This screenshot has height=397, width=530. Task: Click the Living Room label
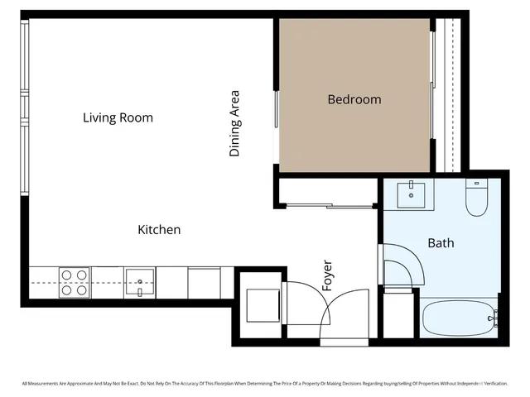(x=118, y=117)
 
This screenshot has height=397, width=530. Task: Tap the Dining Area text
(x=235, y=123)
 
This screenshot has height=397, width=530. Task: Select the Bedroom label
(x=354, y=99)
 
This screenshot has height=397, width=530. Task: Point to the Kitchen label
(x=159, y=229)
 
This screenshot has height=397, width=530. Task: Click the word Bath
(x=441, y=243)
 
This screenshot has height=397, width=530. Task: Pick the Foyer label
(x=327, y=275)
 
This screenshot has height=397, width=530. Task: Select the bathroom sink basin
(x=411, y=196)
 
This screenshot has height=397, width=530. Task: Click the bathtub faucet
(x=493, y=317)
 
